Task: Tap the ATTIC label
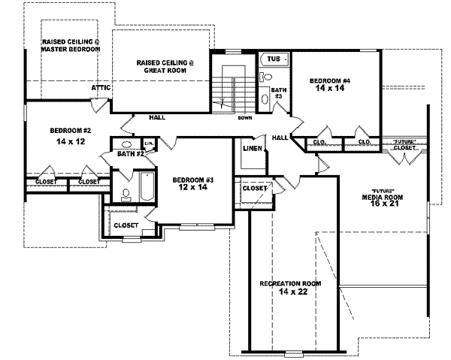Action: [x=102, y=88]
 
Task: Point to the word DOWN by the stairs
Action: [x=244, y=118]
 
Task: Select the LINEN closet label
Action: [x=252, y=148]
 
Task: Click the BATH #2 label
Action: [x=130, y=154]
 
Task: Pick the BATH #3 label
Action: [x=277, y=93]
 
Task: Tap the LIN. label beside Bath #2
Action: [x=148, y=143]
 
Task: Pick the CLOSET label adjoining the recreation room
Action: [x=254, y=189]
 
